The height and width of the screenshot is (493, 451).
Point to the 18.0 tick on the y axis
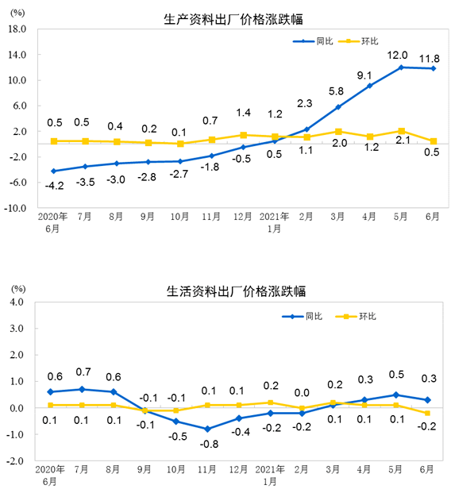[17, 29]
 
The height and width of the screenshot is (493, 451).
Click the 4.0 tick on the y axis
[20, 302]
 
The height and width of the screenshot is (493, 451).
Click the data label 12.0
[397, 55]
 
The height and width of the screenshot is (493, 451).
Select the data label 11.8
[430, 57]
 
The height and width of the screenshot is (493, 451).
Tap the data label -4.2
[53, 186]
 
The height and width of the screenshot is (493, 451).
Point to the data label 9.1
[364, 75]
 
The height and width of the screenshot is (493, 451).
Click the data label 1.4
[243, 114]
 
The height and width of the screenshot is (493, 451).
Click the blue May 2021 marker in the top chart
[401, 67]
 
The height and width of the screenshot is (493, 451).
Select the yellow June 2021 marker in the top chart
[433, 141]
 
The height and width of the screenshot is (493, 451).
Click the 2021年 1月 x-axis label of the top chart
[274, 220]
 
